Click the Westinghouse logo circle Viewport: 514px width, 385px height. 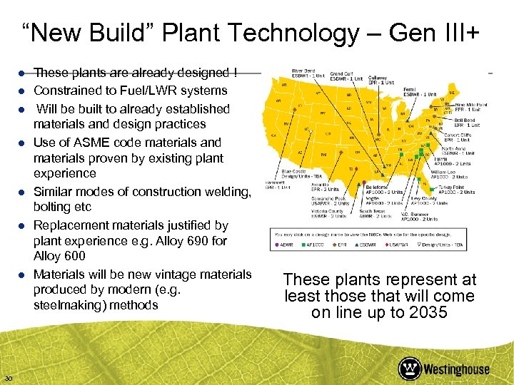(410, 369)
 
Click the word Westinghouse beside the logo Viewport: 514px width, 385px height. (457, 369)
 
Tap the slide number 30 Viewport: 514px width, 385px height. (9, 377)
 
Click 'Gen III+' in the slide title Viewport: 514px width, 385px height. (445, 33)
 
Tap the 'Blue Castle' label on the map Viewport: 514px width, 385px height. (296, 171)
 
